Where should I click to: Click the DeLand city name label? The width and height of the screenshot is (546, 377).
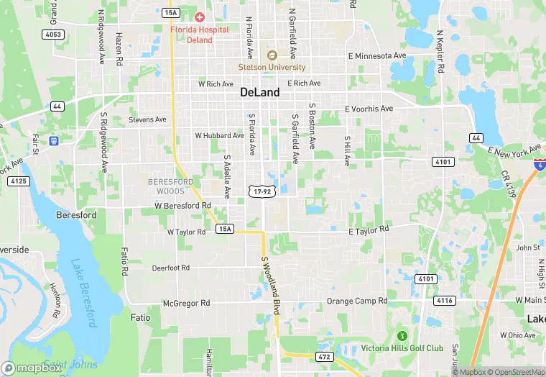pos(260,92)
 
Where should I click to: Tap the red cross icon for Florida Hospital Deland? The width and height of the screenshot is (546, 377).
pos(200,17)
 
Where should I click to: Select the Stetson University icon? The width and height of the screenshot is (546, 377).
pos(272,55)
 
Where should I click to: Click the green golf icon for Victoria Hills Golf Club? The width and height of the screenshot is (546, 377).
pos(402,336)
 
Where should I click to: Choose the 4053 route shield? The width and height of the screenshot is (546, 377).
pos(53,34)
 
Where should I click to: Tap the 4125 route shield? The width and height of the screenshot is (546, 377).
pos(19,181)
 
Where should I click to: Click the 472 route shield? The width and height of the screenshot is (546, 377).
pos(324,356)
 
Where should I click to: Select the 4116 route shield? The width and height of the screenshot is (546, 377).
pos(445,300)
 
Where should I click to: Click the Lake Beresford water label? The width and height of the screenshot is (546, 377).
pos(84,295)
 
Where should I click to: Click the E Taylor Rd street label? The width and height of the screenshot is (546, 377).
pos(369,230)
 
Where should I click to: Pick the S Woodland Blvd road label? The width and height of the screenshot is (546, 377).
pos(270,285)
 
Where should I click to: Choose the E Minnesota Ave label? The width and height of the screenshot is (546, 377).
pos(377,55)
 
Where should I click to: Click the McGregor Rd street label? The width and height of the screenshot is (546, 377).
pos(186,303)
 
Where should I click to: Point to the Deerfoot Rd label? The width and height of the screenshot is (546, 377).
pos(171,268)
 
